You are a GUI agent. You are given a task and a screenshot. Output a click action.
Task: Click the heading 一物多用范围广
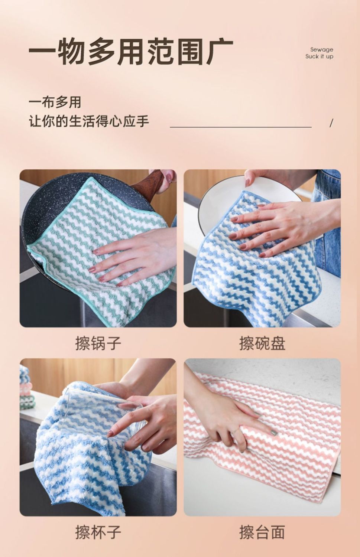[x=131, y=52]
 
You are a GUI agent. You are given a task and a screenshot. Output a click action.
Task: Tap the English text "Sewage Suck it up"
[x=320, y=53]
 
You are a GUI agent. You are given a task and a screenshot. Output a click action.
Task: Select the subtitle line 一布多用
[x=55, y=102]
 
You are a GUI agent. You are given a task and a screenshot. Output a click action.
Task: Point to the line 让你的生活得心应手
[x=89, y=121]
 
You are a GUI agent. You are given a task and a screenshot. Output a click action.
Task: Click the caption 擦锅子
[x=98, y=343]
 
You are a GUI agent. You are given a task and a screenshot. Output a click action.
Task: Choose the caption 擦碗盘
[x=262, y=343]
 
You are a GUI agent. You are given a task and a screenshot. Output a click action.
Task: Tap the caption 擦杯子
[x=98, y=532]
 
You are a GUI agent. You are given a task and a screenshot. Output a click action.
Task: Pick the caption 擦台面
[x=262, y=532]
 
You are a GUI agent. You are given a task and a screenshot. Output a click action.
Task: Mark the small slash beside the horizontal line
[x=331, y=123]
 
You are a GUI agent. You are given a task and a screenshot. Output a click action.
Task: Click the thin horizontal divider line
[x=241, y=127]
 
